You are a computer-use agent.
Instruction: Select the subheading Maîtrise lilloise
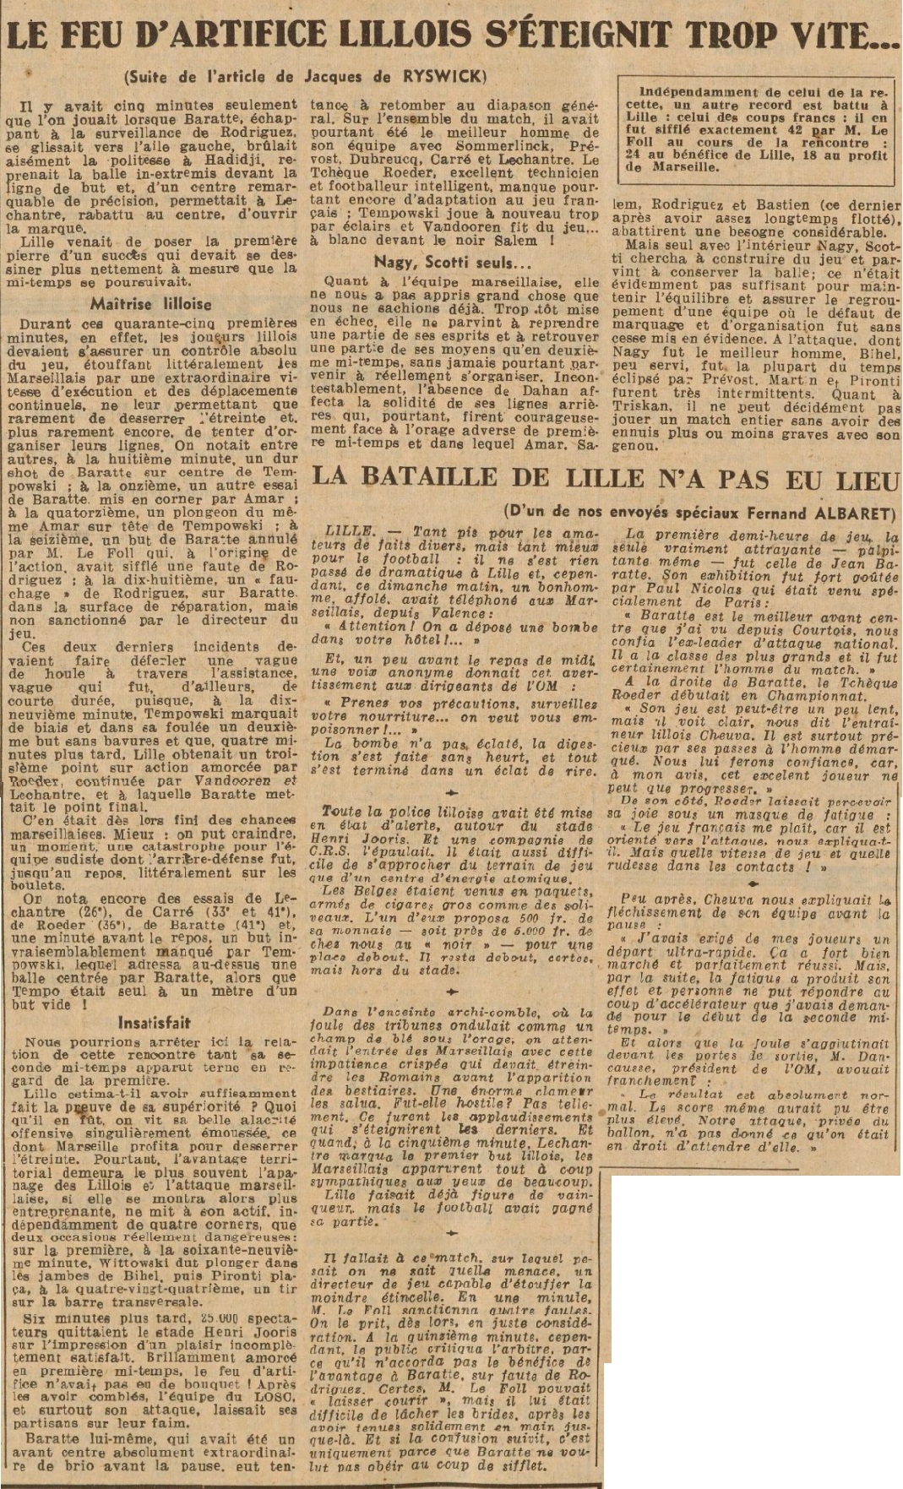pos(151,302)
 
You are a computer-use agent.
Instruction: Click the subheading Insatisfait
pos(154,1023)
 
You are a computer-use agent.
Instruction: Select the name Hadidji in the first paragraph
pos(241,160)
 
